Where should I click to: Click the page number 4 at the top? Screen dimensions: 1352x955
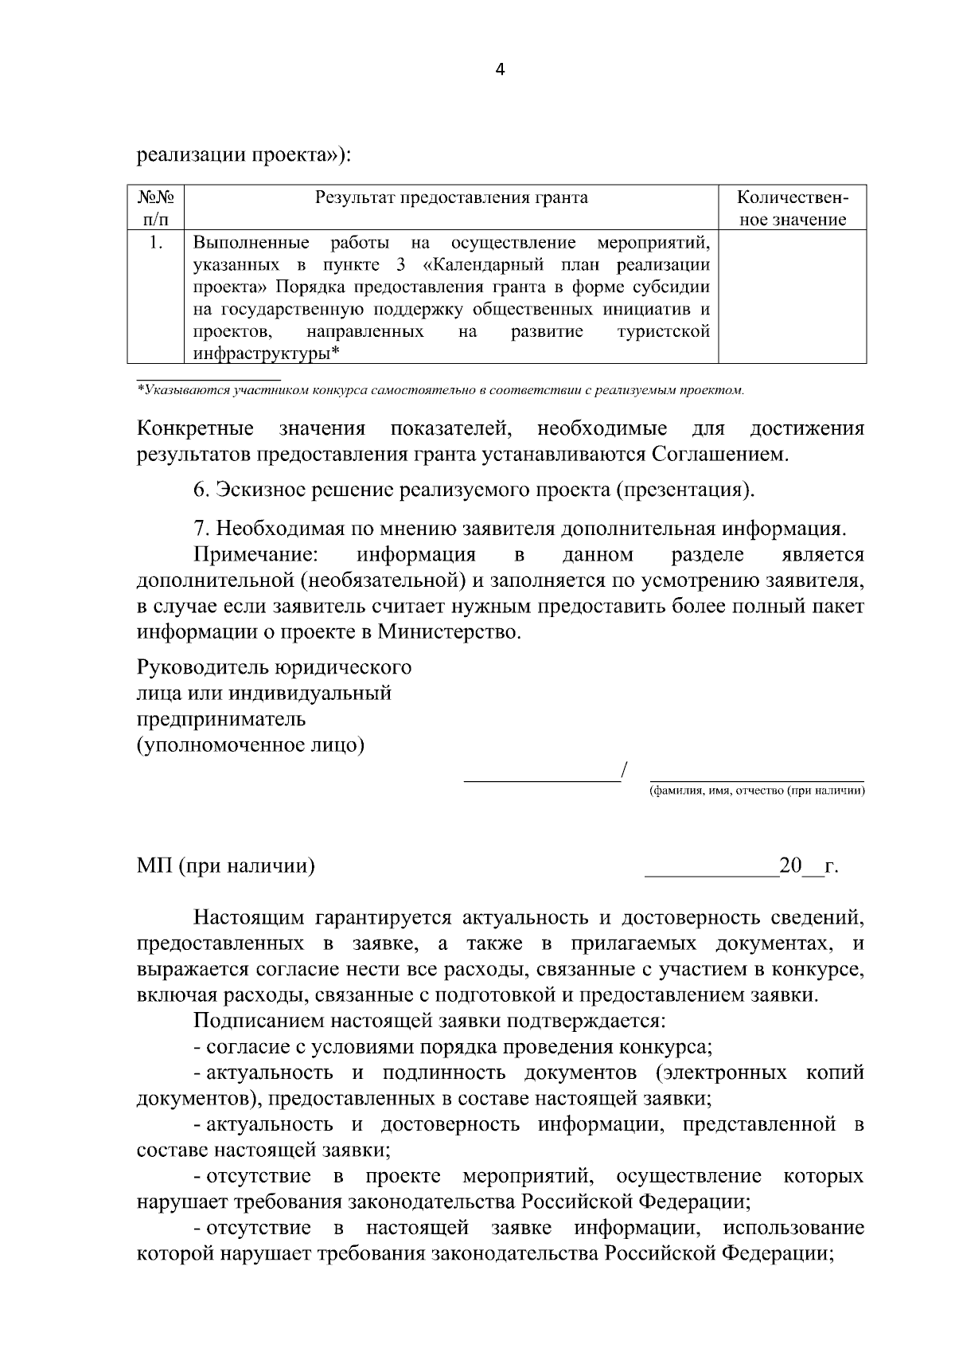500,69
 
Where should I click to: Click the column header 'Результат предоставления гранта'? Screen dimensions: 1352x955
451,197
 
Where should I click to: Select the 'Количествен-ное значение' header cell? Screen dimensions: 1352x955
792,208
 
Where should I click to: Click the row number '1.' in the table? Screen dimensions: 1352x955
156,242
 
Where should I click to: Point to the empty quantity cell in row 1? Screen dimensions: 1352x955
792,296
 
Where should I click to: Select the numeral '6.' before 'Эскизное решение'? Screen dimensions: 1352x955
201,489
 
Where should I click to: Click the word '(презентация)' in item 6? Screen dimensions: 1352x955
684,489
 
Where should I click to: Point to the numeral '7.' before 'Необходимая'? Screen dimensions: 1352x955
201,529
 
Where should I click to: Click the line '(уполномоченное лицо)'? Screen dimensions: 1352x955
251,745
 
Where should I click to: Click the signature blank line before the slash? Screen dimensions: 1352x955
541,776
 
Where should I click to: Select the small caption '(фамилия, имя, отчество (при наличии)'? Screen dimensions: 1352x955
756,791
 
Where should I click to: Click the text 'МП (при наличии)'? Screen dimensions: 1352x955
225,866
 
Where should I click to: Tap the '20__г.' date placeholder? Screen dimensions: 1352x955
808,866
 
